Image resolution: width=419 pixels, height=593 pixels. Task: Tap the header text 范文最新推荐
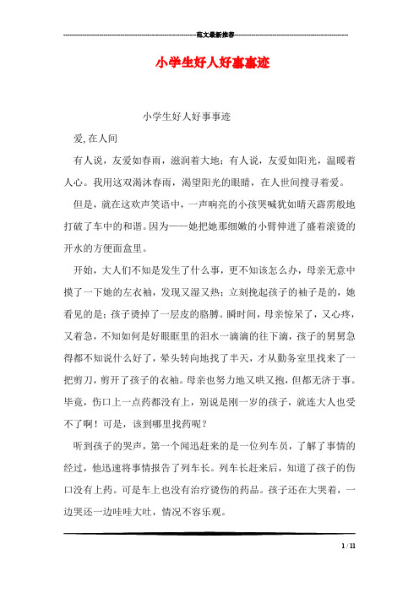pos(209,34)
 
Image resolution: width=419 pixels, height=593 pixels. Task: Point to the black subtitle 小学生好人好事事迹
pos(187,116)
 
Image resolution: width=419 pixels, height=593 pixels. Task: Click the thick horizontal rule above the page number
pos(209,535)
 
